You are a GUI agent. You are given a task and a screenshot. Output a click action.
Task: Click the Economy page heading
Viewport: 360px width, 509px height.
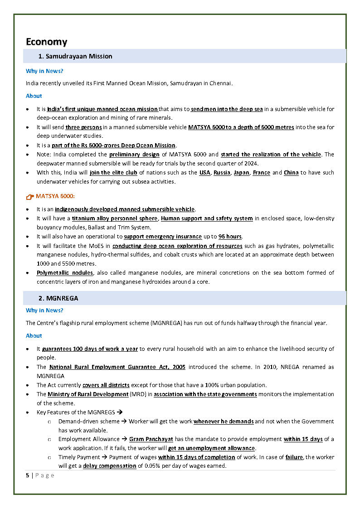coord(46,42)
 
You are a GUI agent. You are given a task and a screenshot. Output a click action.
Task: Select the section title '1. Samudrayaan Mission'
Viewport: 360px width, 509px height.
coord(75,56)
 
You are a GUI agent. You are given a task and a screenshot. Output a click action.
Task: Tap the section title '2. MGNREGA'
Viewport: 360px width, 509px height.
coord(58,298)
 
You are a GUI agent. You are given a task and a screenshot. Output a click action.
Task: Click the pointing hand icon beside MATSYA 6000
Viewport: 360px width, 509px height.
coord(30,196)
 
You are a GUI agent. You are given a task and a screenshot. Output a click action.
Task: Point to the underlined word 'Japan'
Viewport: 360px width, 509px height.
coord(241,173)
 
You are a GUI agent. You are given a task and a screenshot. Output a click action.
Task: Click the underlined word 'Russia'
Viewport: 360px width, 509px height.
coord(222,173)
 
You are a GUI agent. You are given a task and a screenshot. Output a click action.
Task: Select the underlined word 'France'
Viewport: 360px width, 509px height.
coord(261,173)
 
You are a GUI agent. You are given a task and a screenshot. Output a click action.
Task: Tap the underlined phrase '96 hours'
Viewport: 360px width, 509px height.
coord(230,237)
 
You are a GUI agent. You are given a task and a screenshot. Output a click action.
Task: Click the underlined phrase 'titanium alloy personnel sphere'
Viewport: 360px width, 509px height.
coord(115,218)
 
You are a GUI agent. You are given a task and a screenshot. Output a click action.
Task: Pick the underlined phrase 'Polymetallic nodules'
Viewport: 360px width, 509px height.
coord(65,273)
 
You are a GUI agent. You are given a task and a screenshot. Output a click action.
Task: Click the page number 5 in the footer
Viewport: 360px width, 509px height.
coord(28,475)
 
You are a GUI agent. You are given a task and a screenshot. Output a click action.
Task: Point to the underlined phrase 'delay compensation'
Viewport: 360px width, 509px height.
coord(109,466)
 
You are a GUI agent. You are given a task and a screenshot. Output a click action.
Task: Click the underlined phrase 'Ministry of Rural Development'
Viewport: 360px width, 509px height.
coord(88,394)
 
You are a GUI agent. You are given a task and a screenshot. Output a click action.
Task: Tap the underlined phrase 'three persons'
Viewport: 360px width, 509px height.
coord(84,127)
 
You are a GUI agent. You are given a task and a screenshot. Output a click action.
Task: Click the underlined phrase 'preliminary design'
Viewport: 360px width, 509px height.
coord(135,155)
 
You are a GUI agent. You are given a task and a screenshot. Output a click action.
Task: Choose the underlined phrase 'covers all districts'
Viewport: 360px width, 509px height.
coord(106,385)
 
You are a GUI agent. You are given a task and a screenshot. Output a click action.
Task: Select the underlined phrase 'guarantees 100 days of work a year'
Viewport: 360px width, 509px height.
coord(90,349)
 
